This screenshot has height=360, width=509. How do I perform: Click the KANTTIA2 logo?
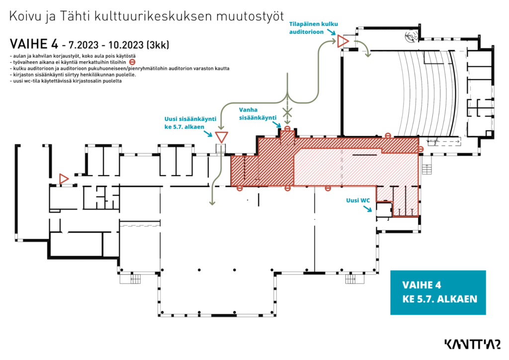point(472,345)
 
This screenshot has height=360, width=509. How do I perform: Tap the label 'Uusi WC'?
point(358,200)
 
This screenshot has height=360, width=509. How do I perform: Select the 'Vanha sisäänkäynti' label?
point(258,113)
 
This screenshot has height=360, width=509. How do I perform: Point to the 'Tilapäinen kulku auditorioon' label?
point(313,28)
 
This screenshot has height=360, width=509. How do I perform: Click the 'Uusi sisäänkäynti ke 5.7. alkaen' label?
point(190,123)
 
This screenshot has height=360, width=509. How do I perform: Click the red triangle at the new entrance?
point(221,137)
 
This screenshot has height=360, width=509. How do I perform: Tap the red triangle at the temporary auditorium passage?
point(343,41)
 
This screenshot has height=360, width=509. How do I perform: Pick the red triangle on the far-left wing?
point(64,179)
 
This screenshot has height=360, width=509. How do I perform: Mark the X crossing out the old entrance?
point(287,113)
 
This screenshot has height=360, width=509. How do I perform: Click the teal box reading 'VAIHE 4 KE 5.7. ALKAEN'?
point(438,292)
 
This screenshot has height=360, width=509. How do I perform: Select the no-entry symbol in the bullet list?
point(132,62)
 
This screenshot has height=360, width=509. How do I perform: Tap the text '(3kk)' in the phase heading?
point(158,45)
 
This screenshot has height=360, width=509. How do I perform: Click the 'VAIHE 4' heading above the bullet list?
point(34,44)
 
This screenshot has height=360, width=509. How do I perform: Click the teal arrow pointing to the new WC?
point(367,208)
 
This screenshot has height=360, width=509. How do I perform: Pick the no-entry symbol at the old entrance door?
point(287,129)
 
